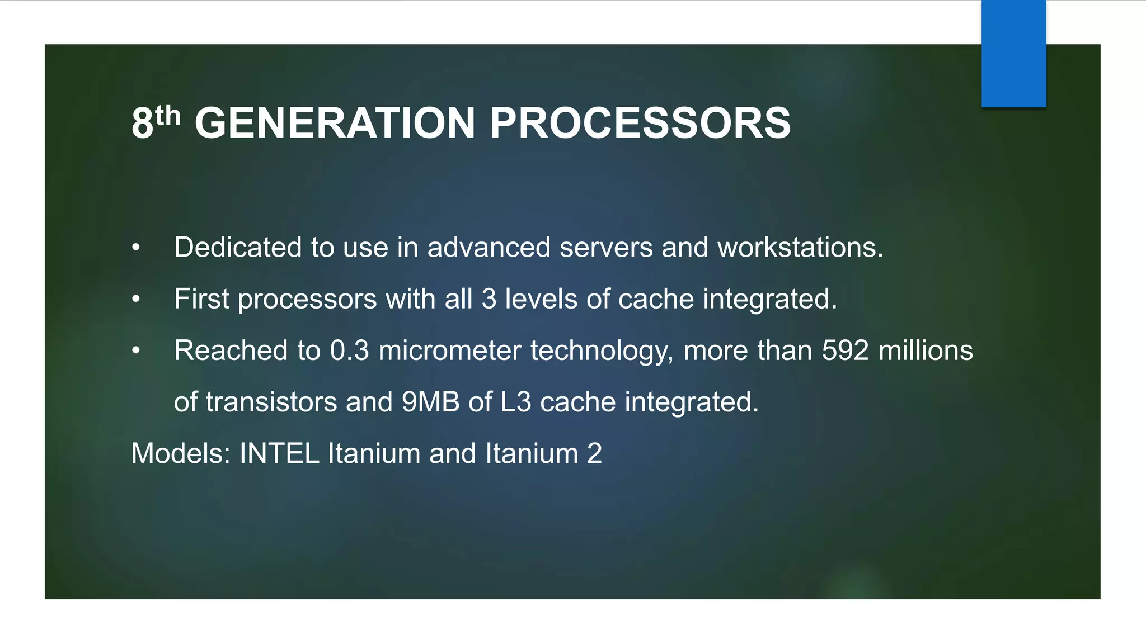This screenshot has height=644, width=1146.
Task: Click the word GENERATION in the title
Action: point(335,123)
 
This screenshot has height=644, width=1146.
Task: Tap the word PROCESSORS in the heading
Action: point(640,123)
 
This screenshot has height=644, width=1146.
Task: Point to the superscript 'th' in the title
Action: point(168,116)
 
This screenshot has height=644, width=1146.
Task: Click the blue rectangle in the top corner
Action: point(1013,53)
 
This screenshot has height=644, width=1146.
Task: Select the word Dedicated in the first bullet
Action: point(238,247)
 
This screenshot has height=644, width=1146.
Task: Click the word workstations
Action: point(800,247)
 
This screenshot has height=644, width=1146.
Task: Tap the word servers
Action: point(606,247)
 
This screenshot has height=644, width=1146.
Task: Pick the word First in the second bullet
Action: point(201,299)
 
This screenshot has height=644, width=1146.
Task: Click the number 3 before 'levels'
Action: point(489,299)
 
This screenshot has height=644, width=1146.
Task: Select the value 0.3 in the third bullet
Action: point(350,351)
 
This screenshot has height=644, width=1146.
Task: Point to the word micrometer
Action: point(450,351)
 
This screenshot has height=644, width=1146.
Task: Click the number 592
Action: point(845,351)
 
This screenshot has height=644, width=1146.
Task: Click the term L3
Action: point(515,402)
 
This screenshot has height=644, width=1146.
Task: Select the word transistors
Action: point(271,402)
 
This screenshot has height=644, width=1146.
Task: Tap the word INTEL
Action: point(279,453)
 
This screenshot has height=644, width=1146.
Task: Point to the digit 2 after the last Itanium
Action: point(594,453)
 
